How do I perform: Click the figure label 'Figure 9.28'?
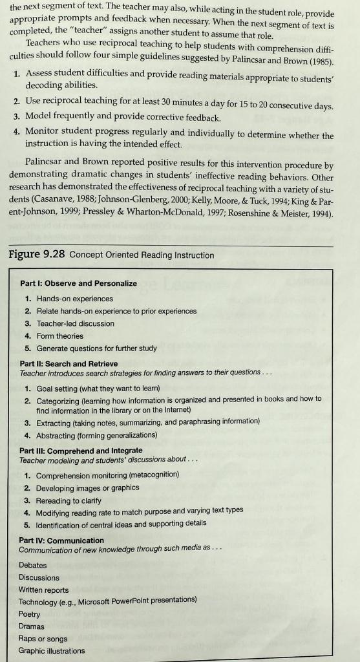36,254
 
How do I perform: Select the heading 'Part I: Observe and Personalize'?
78,283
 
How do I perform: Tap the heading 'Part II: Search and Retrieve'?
69,363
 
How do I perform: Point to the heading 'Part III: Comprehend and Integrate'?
81,450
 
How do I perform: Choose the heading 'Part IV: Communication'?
61,540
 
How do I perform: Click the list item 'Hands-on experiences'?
74,299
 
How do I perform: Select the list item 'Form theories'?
59,336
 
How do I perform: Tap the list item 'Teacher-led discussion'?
75,323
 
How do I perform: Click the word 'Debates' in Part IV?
32,565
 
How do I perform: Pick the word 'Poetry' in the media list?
29,614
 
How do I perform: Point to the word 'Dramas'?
31,626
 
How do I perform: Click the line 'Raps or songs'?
43,639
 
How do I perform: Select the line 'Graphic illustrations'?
51,651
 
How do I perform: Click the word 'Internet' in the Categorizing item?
176,410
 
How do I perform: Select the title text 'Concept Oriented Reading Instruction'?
142,255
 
